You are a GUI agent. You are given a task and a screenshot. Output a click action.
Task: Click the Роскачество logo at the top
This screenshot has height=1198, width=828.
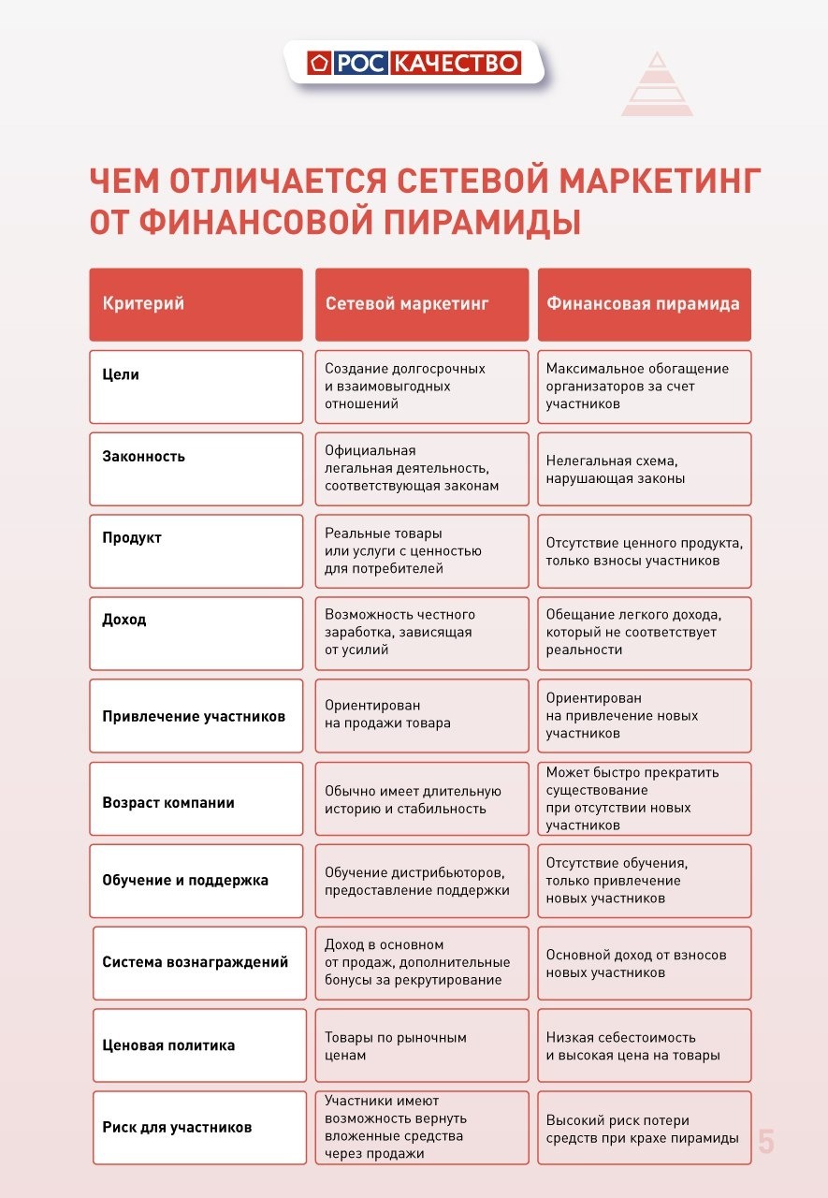coord(414,63)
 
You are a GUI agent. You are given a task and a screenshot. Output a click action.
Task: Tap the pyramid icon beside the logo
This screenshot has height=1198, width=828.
coord(657,85)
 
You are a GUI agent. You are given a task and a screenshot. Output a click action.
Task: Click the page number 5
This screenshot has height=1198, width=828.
coord(766,1142)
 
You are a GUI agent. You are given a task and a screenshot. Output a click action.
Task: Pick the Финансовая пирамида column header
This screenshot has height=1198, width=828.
coord(644,304)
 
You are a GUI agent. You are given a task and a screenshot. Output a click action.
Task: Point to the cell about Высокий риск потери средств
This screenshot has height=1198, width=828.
coord(644,1128)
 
